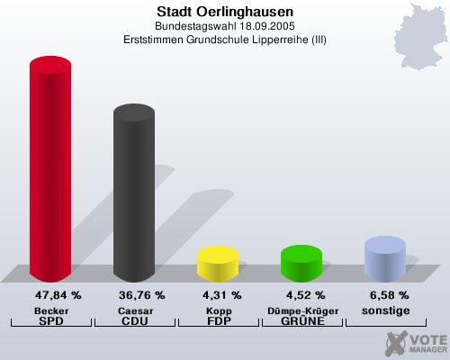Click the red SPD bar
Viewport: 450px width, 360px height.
pyautogui.click(x=50, y=171)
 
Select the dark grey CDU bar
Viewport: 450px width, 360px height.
pyautogui.click(x=133, y=193)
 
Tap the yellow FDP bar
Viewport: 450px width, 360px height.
pyautogui.click(x=217, y=262)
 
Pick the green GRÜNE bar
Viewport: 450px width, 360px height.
pyautogui.click(x=301, y=262)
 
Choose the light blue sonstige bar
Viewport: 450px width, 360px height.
pyautogui.click(x=384, y=257)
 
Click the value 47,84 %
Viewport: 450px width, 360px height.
pyautogui.click(x=58, y=295)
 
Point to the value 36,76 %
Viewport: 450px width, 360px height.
pyautogui.click(x=141, y=295)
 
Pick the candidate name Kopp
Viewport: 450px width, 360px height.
pyautogui.click(x=217, y=310)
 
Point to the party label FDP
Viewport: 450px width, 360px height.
pyautogui.click(x=217, y=321)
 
